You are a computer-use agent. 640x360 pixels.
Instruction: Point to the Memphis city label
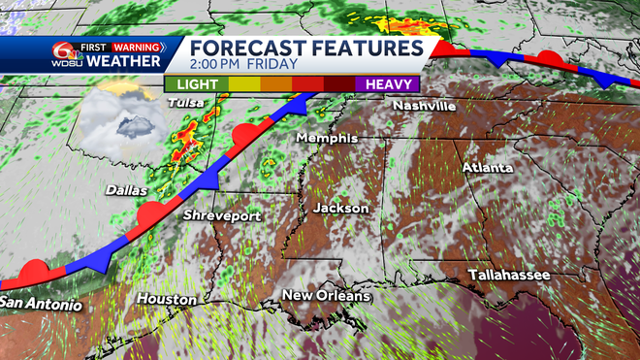[x=327, y=138]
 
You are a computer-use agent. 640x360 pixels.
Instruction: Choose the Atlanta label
[x=487, y=167]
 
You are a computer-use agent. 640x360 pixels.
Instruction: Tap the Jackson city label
[x=340, y=208]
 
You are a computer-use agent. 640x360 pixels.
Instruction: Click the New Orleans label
[x=326, y=294]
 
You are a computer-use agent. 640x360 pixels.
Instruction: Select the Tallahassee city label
[x=509, y=276]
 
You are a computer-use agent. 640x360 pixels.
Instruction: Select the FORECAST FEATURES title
[x=304, y=49]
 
